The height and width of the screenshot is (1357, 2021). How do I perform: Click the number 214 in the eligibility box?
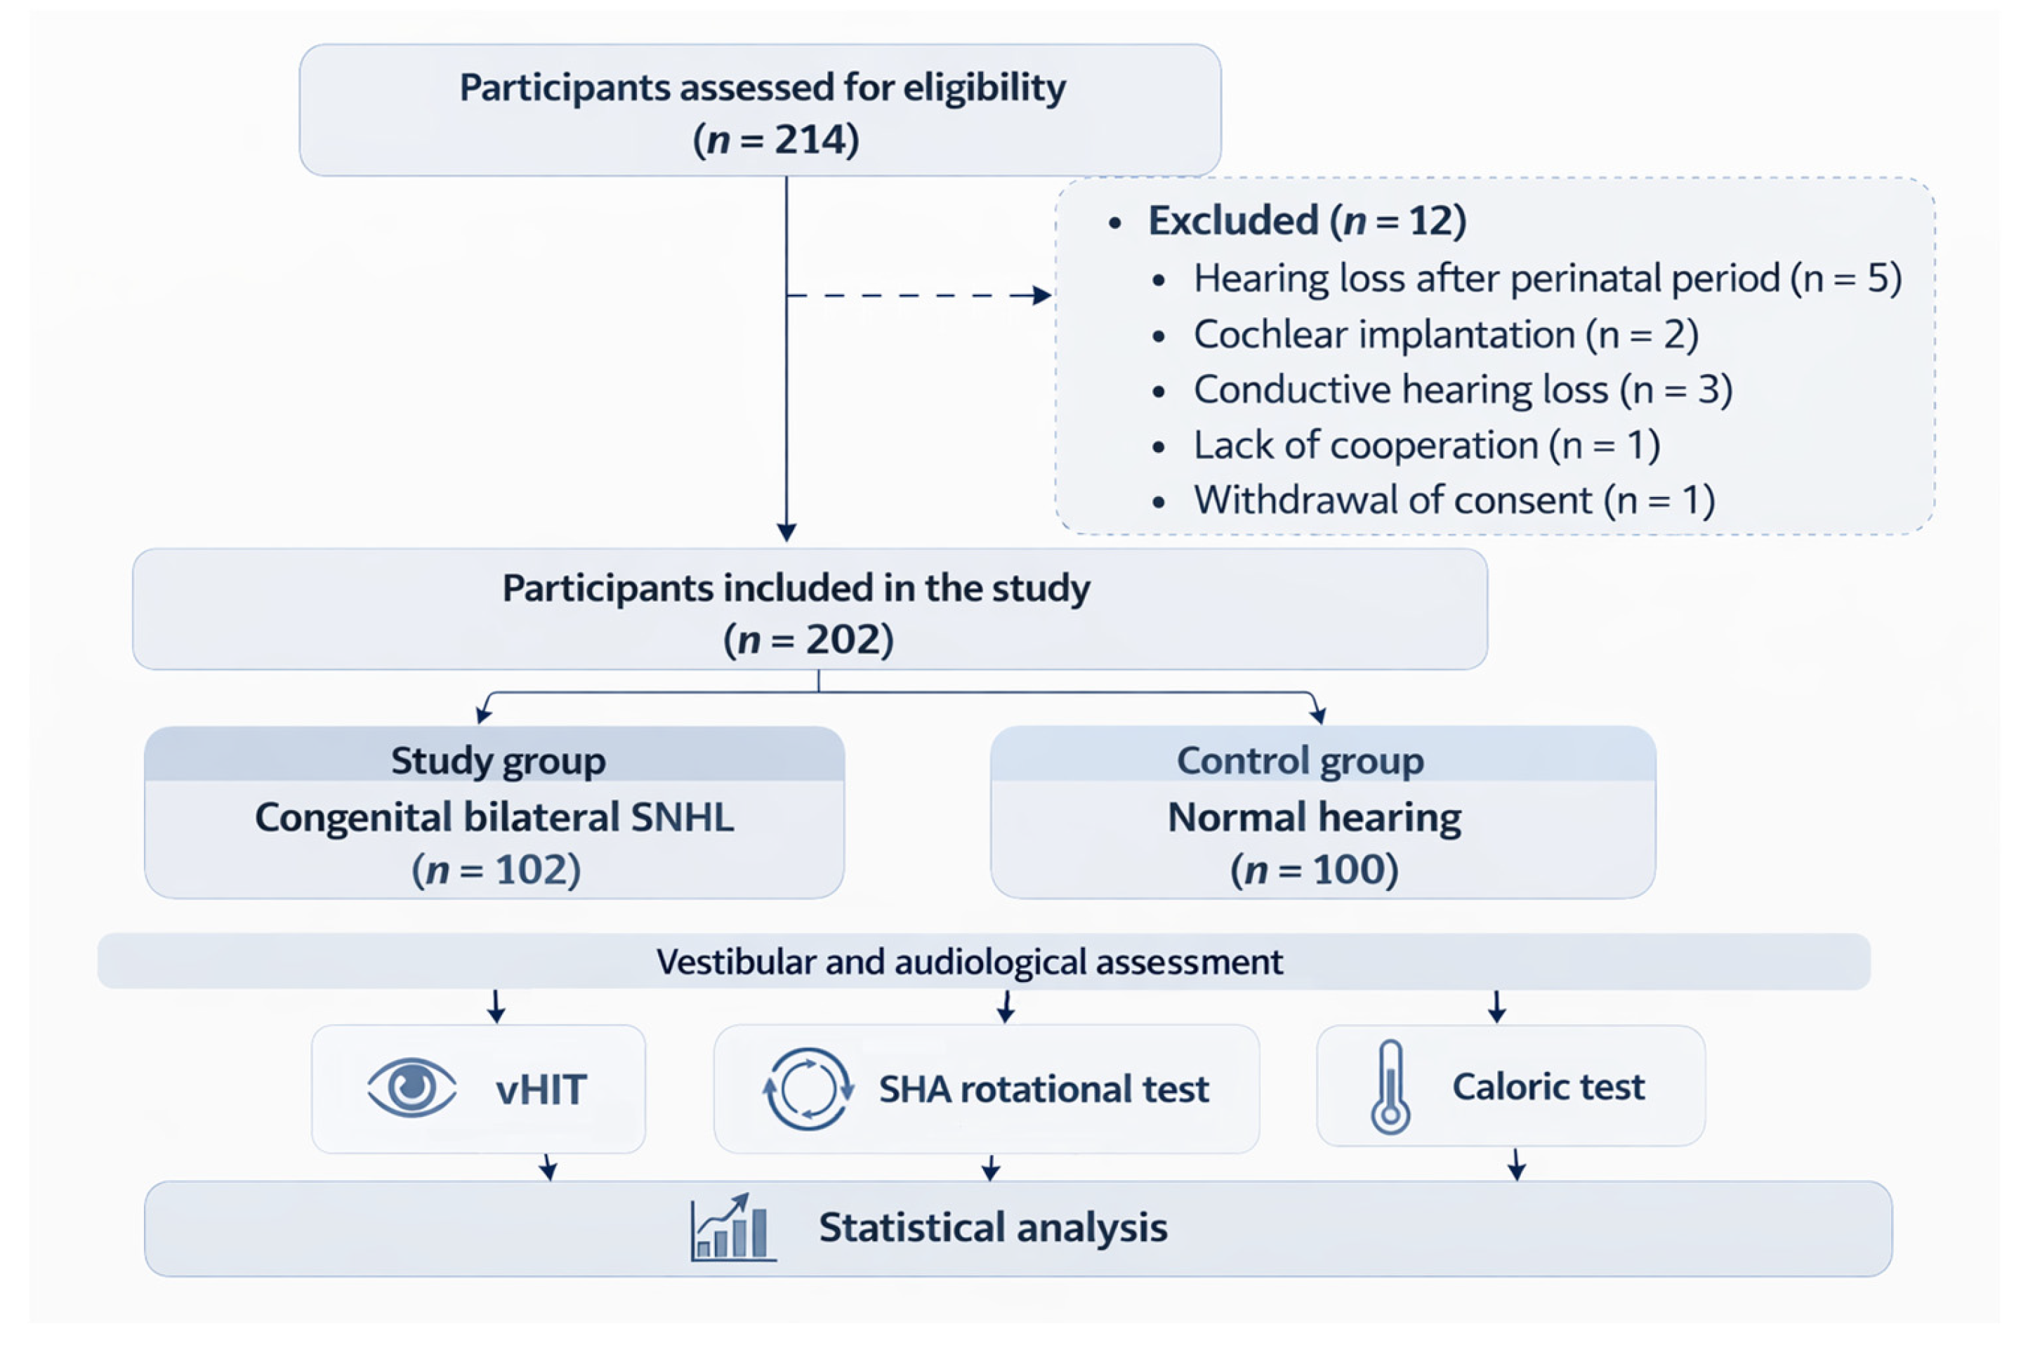click(x=810, y=139)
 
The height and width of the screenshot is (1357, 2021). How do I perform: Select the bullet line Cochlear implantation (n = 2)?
click(x=1444, y=335)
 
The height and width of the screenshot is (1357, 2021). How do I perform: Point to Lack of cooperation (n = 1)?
click(x=1426, y=446)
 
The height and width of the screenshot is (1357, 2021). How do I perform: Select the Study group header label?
click(x=498, y=761)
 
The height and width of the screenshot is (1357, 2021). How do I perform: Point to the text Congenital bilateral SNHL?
click(x=494, y=817)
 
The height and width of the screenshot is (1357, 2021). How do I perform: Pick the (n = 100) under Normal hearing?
click(x=1313, y=870)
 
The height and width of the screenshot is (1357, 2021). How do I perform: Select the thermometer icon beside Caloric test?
click(x=1389, y=1087)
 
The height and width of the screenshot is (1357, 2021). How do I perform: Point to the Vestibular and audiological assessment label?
click(x=968, y=962)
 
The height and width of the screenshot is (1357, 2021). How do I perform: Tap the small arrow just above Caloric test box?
click(x=1496, y=1007)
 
